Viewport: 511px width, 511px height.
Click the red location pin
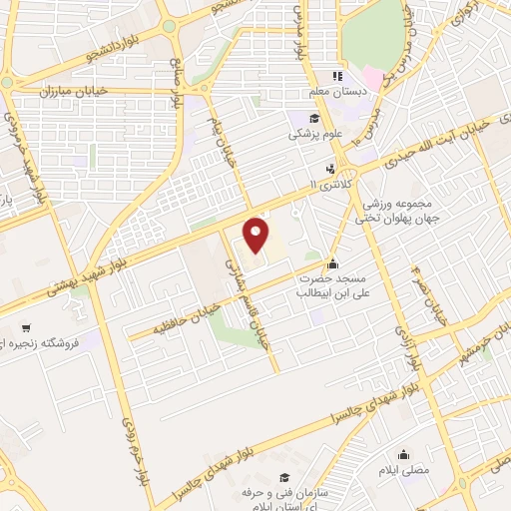click(x=257, y=236)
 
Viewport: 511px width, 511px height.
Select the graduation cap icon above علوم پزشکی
click(x=313, y=119)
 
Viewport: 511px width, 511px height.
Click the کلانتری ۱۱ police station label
click(x=330, y=186)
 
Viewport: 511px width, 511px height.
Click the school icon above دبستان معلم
click(x=338, y=76)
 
